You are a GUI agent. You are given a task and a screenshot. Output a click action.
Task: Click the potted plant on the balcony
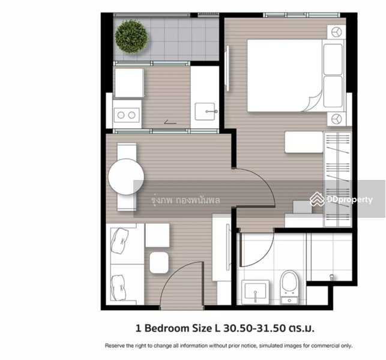point(131,37)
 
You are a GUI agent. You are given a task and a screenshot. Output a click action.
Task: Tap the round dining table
point(126,176)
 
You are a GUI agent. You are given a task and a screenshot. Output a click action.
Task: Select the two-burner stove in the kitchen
point(127,115)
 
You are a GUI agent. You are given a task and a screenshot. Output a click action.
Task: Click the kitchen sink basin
point(205,112)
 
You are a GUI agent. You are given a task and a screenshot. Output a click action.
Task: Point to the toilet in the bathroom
point(289,287)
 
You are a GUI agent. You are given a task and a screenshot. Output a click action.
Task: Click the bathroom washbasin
point(255,292)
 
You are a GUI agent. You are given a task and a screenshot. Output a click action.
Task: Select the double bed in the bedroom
point(295,75)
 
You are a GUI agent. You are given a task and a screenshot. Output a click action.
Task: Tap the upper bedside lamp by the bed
point(336,32)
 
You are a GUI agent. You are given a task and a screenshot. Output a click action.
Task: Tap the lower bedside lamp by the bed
point(336,119)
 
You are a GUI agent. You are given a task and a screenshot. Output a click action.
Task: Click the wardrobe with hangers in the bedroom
point(337,179)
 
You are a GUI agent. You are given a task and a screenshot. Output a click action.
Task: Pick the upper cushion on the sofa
point(119,241)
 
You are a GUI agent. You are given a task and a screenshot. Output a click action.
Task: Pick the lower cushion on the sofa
point(118,287)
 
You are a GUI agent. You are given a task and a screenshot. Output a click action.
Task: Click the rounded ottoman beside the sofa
point(159,262)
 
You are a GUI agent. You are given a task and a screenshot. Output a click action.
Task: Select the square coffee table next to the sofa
point(157,235)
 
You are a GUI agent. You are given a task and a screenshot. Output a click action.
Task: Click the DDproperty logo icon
point(317,199)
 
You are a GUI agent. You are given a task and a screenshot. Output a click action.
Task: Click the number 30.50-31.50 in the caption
point(255,328)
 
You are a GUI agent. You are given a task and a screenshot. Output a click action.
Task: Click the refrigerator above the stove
point(130,83)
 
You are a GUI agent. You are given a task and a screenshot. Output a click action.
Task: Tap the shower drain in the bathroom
point(331,277)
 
